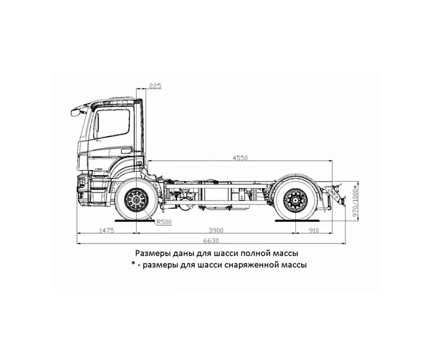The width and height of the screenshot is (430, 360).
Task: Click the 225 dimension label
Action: tap(155, 86)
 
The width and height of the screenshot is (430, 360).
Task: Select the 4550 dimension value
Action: tap(240, 158)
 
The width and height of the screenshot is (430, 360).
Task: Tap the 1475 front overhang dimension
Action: tap(107, 230)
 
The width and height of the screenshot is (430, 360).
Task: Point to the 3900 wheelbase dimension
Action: tap(216, 230)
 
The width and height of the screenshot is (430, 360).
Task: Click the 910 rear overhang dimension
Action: tap(314, 230)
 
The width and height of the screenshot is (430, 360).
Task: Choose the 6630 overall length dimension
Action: tap(211, 241)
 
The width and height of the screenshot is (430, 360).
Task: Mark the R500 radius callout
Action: tap(164, 222)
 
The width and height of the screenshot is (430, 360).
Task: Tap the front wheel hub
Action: tap(137, 200)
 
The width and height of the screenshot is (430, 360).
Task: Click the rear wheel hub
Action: tap(295, 200)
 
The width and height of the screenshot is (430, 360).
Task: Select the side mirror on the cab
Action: tap(76, 112)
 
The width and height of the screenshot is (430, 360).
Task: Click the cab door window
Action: tap(112, 124)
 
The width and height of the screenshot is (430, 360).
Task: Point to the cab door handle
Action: tap(126, 150)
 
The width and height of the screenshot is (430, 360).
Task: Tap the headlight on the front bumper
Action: tap(81, 182)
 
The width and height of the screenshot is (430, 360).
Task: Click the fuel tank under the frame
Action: tap(225, 195)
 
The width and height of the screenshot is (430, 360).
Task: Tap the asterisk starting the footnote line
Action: tap(133, 264)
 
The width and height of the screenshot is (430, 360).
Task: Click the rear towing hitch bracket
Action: tap(335, 194)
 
